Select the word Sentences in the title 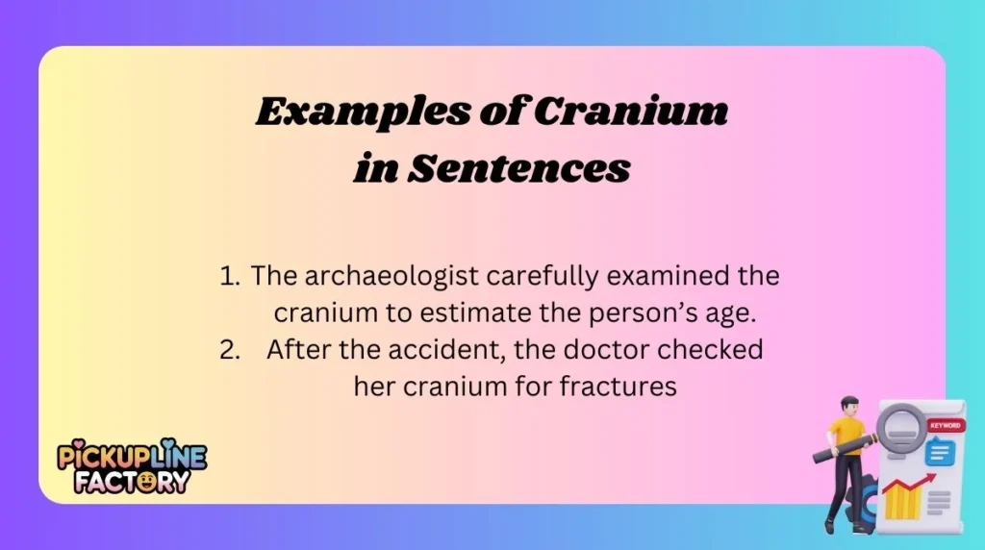click(520, 169)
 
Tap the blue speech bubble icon click(938, 450)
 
